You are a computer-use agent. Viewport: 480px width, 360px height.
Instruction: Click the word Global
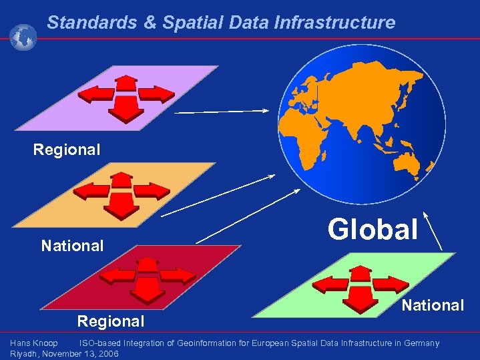pyautogui.click(x=373, y=228)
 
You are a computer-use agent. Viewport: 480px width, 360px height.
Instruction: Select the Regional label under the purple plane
pyautogui.click(x=67, y=150)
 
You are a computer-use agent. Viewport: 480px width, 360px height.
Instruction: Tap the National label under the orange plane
pyautogui.click(x=72, y=246)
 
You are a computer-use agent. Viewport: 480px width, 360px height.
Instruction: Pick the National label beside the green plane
pyautogui.click(x=433, y=305)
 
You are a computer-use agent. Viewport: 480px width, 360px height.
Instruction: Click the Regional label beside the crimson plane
pyautogui.click(x=111, y=321)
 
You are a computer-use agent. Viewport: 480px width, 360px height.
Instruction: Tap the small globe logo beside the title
pyautogui.click(x=23, y=37)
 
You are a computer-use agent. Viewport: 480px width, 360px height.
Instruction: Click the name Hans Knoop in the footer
pyautogui.click(x=33, y=343)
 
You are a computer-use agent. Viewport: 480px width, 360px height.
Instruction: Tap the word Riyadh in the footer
pyautogui.click(x=23, y=353)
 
